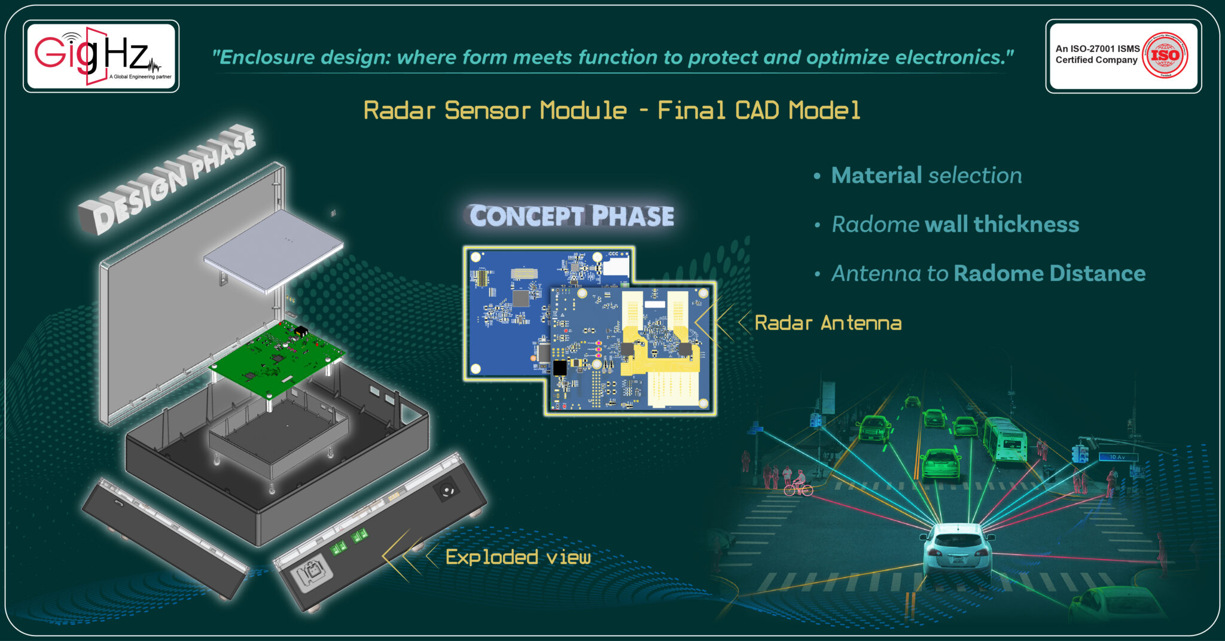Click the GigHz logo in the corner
pos(100,56)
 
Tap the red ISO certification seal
pos(1165,55)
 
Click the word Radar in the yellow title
pos(399,111)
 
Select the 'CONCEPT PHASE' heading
pos(571,216)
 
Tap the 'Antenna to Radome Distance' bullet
pos(988,273)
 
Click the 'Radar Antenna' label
pos(828,323)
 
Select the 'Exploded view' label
pos(518,557)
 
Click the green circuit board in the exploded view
pos(276,359)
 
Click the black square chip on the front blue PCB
pos(560,367)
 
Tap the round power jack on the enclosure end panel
pos(447,492)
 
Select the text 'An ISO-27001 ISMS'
pos(1097,48)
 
